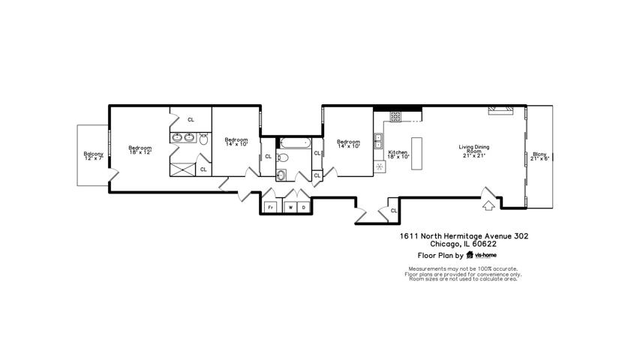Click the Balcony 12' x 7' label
(x=94, y=156)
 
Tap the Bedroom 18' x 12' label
(x=140, y=150)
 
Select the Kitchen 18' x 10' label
(x=398, y=154)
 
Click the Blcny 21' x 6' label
(x=539, y=156)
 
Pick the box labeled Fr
(x=270, y=207)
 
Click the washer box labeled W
(x=290, y=207)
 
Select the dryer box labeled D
(x=304, y=207)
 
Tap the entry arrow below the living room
(x=488, y=205)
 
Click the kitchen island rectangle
(x=416, y=154)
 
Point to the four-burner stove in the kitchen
(x=395, y=116)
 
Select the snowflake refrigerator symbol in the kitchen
(x=380, y=166)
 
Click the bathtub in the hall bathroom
(x=296, y=143)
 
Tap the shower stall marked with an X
(x=183, y=169)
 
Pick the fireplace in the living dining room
(x=500, y=110)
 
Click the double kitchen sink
(x=378, y=141)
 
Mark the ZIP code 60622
(x=484, y=244)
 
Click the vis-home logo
(x=482, y=255)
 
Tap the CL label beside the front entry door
(x=394, y=211)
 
